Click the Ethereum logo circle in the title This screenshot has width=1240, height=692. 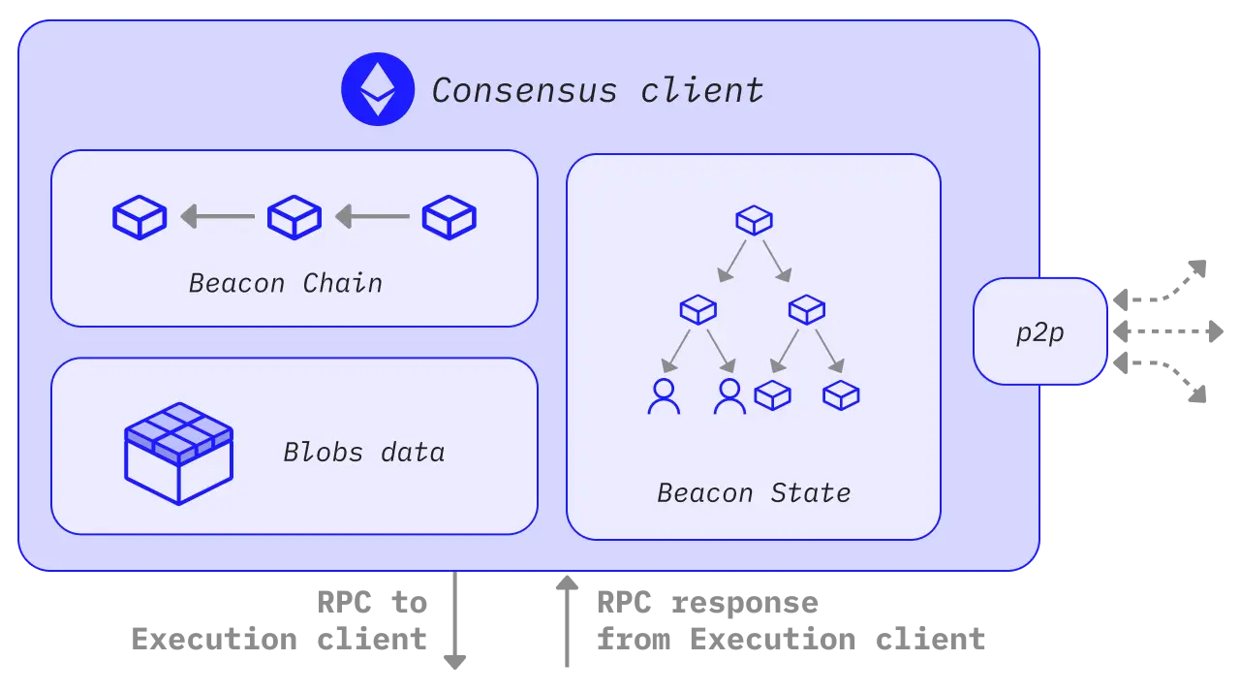(x=377, y=89)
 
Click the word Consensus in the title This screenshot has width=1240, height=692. (x=523, y=90)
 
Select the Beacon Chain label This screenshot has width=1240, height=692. (x=286, y=283)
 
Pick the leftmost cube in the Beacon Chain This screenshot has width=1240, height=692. (x=139, y=217)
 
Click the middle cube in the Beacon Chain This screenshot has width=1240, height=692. (x=294, y=217)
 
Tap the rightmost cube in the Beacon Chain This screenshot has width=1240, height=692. (x=449, y=217)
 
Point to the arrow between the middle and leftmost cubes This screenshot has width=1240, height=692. (x=217, y=216)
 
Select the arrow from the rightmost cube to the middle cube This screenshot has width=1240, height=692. (x=372, y=216)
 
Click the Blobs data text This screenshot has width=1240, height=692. (x=363, y=452)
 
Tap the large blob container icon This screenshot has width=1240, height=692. (x=178, y=453)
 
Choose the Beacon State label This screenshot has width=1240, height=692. (x=754, y=492)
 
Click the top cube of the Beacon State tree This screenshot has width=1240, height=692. (x=754, y=220)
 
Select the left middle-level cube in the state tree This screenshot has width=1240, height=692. (x=697, y=309)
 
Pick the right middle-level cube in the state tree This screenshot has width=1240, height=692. (x=806, y=309)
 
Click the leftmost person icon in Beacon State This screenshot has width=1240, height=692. (x=664, y=396)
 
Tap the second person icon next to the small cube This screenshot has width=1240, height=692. (x=729, y=396)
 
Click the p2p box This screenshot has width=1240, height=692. (x=1039, y=331)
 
